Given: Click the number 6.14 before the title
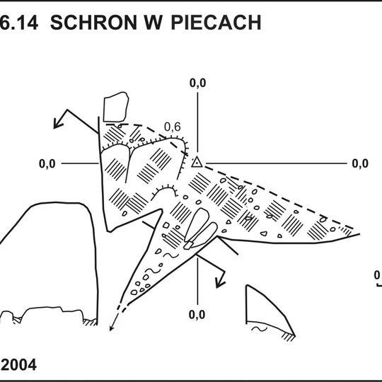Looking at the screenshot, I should [x=21, y=23].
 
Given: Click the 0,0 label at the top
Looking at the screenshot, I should [x=197, y=83].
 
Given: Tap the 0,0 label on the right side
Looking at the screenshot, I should [x=359, y=163].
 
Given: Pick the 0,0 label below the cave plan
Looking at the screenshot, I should [x=197, y=314].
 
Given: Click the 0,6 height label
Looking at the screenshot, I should [x=172, y=127].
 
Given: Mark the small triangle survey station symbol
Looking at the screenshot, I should [x=197, y=163].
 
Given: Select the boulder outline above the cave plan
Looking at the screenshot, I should [x=115, y=107].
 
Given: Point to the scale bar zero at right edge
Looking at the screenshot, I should [x=378, y=275].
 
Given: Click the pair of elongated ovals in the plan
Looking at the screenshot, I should [x=199, y=228].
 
